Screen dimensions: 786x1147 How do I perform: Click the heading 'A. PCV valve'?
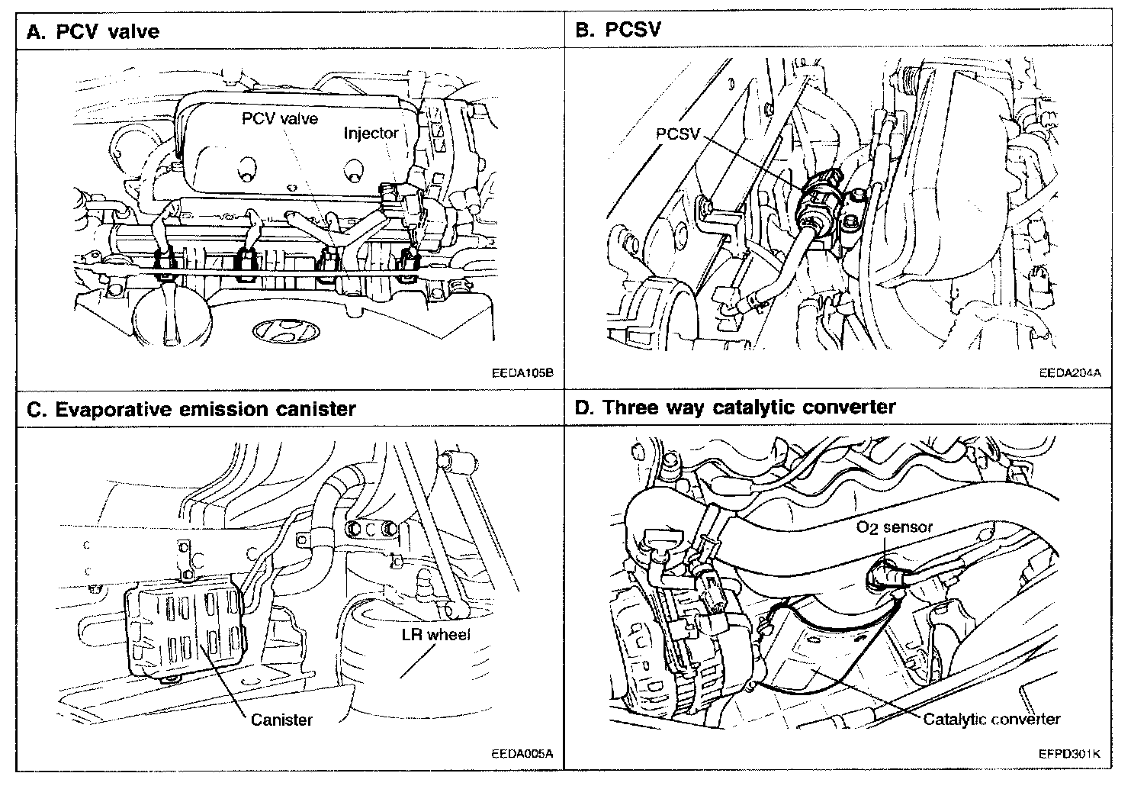click(92, 31)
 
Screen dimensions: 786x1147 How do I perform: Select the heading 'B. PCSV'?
click(618, 30)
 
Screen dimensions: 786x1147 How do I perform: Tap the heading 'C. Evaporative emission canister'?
click(191, 409)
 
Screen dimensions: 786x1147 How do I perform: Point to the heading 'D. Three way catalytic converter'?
click(734, 407)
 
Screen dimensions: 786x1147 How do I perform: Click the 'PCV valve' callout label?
click(280, 118)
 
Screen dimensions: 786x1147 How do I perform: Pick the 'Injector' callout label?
click(371, 133)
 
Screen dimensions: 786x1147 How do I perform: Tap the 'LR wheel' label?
click(436, 635)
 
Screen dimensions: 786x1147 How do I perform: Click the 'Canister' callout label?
click(281, 719)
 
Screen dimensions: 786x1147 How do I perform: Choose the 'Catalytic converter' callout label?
click(991, 719)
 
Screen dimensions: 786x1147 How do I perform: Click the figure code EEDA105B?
click(522, 374)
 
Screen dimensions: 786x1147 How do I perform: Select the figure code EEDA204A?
click(1070, 374)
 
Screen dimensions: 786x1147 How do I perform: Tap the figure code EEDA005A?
click(522, 754)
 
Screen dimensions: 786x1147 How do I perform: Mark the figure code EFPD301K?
click(1069, 754)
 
